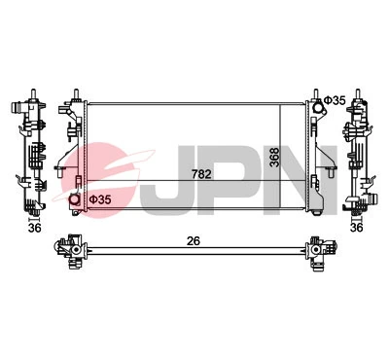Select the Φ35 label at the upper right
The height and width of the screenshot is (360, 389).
[335, 100]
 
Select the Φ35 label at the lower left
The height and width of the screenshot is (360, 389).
[100, 199]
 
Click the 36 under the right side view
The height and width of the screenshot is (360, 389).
[356, 228]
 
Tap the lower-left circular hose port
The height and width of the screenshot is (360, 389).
[76, 201]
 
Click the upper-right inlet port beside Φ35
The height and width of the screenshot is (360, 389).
[316, 101]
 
